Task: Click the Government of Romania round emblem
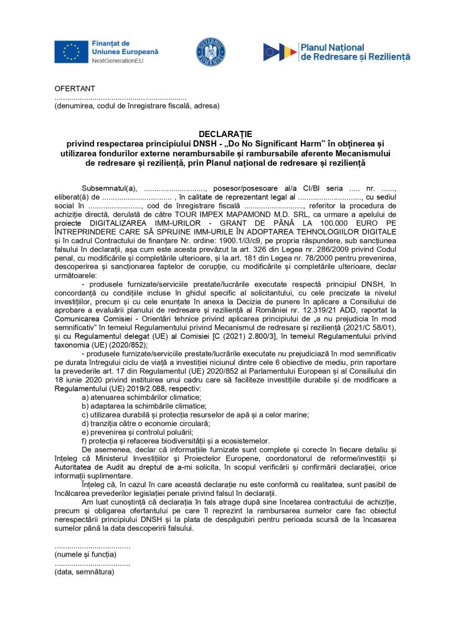pos(211,51)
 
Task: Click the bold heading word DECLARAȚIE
pos(225,134)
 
